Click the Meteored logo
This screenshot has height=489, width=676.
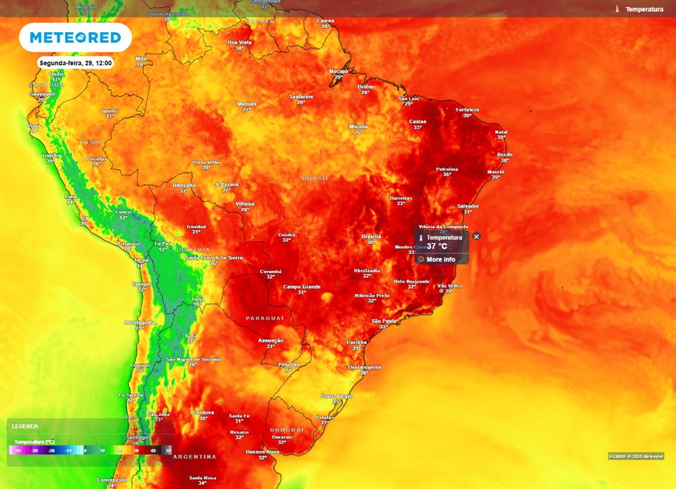tap(75, 37)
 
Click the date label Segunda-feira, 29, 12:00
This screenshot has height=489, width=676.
tap(76, 63)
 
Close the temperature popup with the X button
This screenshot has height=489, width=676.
tap(477, 236)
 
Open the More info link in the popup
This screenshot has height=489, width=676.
tap(441, 260)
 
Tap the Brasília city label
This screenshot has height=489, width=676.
tap(371, 236)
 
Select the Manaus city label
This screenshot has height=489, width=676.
tap(247, 104)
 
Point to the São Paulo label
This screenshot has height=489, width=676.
tap(384, 321)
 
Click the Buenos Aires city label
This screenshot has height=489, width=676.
tap(263, 452)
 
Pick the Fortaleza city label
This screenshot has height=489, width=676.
tap(467, 109)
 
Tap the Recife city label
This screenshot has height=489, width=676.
tap(505, 154)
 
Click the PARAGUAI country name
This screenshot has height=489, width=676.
tap(264, 319)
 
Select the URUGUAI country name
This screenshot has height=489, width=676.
tap(288, 429)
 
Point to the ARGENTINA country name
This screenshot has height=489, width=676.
tap(194, 457)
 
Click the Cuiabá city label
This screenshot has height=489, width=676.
tap(286, 235)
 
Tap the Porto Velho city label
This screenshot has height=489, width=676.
tap(206, 162)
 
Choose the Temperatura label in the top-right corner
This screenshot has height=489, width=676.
tap(644, 9)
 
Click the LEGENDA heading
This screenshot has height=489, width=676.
tap(25, 427)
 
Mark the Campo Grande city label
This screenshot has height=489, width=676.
tap(302, 286)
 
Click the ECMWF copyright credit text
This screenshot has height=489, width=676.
tap(636, 456)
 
